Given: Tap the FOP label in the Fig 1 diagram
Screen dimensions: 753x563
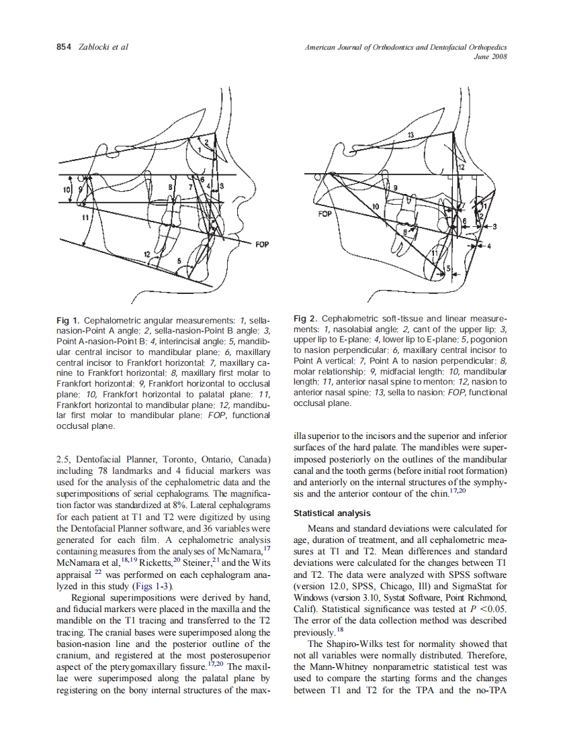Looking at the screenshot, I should pos(262,244).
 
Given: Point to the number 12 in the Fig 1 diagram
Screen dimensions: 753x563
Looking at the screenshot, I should pos(147,254).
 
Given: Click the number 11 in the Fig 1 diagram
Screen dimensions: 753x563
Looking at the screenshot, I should pos(85,218).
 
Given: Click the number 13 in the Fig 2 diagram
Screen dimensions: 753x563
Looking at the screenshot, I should pos(410,136).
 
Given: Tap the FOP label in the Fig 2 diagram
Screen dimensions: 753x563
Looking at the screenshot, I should pos(324,214).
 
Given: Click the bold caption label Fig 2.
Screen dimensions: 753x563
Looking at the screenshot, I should pos(306,318).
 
